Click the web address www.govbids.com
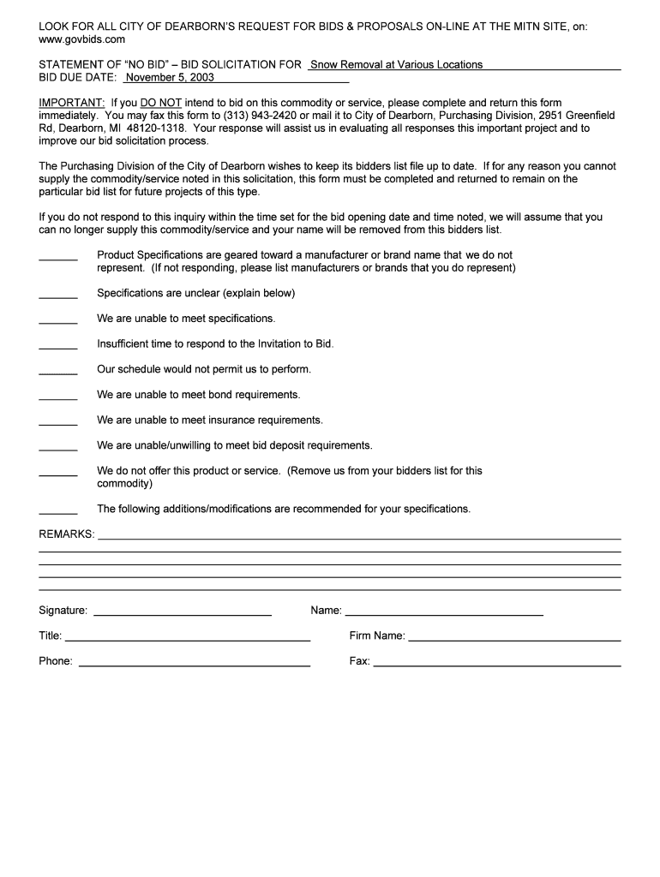(82, 39)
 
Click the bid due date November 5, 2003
(171, 77)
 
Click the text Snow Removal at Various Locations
(396, 64)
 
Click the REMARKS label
(67, 534)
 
